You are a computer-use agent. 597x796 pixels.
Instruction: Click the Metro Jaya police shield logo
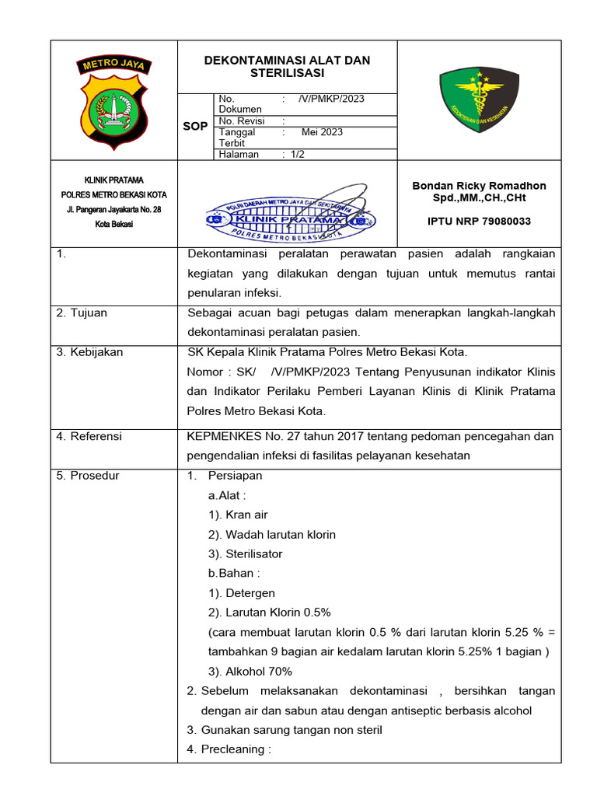click(x=113, y=101)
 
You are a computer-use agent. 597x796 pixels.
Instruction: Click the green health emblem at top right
click(x=477, y=99)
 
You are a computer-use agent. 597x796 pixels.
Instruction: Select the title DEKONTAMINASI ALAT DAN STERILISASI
click(x=287, y=67)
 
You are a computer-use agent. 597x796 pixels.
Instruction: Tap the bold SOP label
click(x=194, y=127)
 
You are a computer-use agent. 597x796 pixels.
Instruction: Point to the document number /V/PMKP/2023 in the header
click(x=331, y=99)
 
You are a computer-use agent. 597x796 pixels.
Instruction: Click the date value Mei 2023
click(x=322, y=132)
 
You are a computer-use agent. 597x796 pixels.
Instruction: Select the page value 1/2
click(x=298, y=154)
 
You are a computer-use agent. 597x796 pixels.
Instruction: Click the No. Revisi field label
click(x=242, y=121)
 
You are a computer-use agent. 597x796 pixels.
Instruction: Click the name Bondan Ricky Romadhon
click(x=478, y=186)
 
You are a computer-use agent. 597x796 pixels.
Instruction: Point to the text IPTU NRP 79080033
click(x=479, y=222)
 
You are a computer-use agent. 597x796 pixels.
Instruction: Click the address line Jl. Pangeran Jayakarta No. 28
click(x=113, y=210)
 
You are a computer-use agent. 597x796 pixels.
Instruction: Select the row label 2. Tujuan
click(x=82, y=313)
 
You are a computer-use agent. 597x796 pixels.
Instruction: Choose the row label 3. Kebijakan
click(x=89, y=352)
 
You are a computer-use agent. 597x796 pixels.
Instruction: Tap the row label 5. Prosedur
click(x=88, y=476)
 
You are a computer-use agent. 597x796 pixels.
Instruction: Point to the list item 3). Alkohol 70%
click(x=250, y=672)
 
